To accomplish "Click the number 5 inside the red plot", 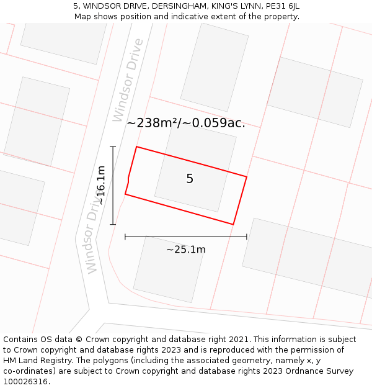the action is click(x=190, y=179).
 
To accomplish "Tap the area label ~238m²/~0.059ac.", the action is click(x=186, y=123).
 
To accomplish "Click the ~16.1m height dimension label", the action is click(x=100, y=185).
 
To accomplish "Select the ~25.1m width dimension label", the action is click(x=186, y=250).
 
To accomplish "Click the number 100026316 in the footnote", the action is click(x=24, y=381).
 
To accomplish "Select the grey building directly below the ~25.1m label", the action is click(x=168, y=270).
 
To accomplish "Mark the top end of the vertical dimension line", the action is click(x=112, y=147).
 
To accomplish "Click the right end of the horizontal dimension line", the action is click(x=247, y=237).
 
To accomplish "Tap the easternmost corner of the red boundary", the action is click(x=247, y=177).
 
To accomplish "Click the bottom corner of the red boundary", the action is click(x=233, y=224).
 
